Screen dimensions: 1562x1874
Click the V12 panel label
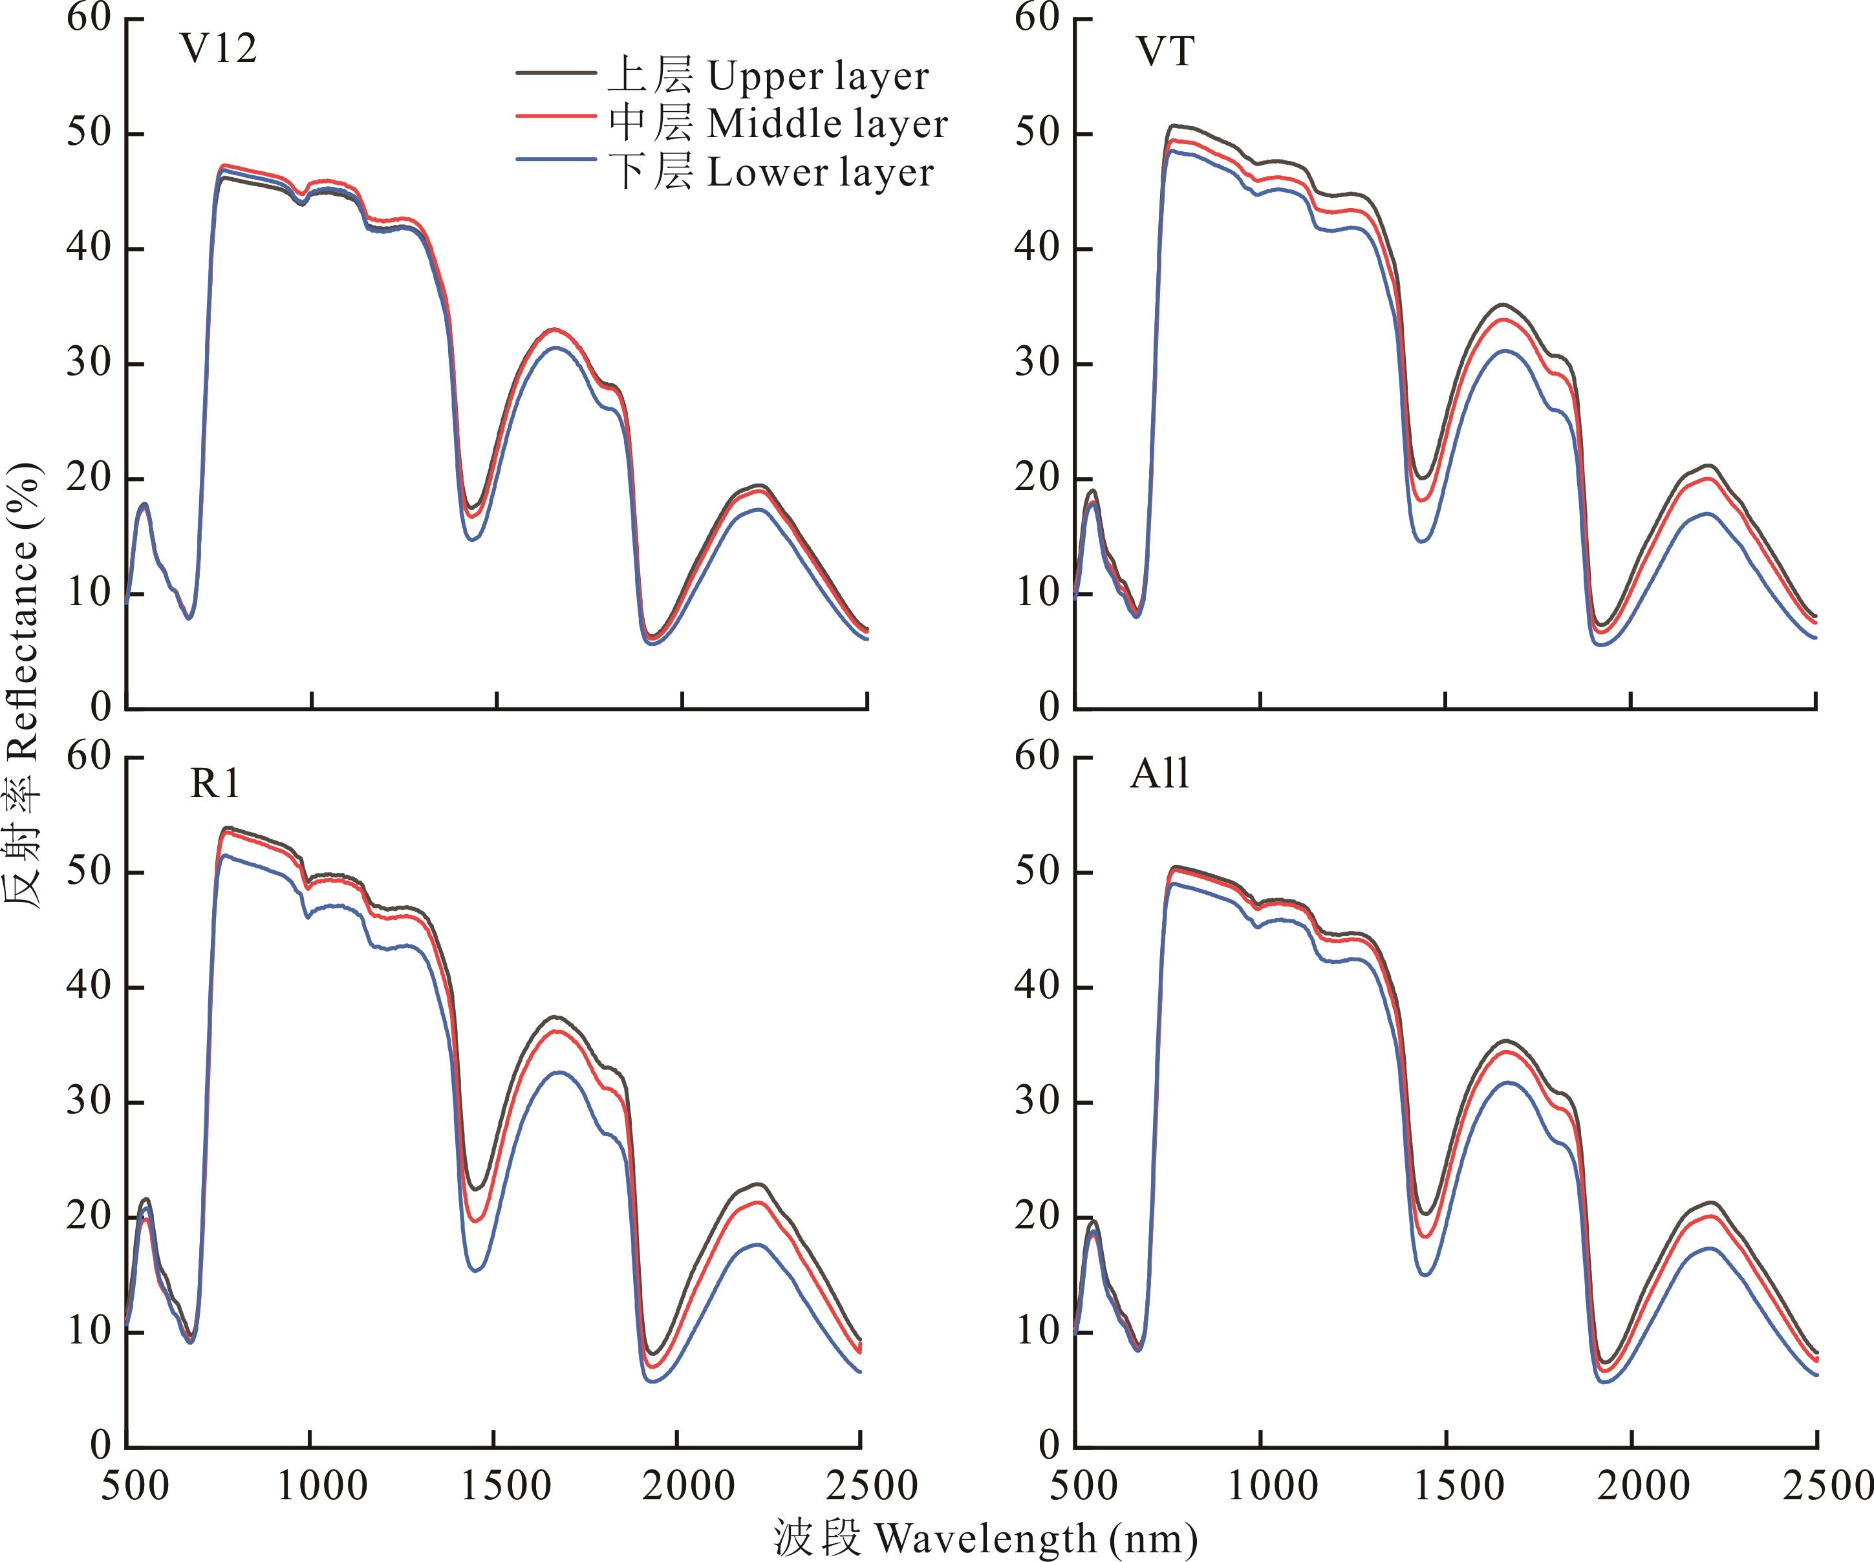coord(219,49)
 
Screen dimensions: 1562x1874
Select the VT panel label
coord(1165,52)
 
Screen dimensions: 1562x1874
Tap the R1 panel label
coord(215,783)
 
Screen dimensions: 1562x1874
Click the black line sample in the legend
coord(555,71)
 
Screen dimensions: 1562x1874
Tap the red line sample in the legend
coord(555,116)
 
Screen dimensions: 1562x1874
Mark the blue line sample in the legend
coord(555,160)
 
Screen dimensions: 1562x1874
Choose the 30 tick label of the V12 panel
coord(89,363)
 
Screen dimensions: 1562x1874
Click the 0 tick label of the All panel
coord(1050,1445)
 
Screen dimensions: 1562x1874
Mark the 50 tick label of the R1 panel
coord(89,872)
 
